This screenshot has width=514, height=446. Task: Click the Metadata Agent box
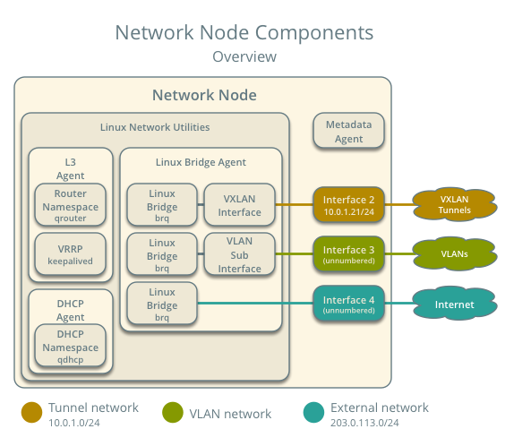(x=348, y=131)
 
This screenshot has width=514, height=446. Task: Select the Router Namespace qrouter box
(x=70, y=204)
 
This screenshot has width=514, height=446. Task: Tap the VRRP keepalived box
(x=70, y=254)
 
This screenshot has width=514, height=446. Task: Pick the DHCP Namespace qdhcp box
(x=70, y=346)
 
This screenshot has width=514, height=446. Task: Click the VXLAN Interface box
(x=239, y=204)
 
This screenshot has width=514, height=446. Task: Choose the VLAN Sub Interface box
(x=239, y=254)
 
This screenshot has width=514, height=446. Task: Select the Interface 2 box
(x=348, y=204)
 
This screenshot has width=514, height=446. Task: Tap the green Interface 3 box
(x=348, y=254)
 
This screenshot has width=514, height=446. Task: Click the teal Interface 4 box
(x=348, y=304)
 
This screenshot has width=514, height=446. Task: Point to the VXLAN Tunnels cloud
(x=455, y=204)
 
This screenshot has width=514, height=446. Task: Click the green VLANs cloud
(x=455, y=254)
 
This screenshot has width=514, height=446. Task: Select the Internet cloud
(x=455, y=304)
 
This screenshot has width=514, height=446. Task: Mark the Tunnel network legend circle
(x=32, y=412)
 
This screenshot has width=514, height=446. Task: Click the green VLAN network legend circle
(x=173, y=412)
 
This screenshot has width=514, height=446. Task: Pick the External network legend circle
(x=313, y=412)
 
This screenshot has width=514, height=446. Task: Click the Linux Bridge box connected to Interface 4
(x=162, y=304)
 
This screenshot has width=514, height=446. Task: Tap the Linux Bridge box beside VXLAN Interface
(x=162, y=204)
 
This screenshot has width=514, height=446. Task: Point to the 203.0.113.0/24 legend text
(x=364, y=423)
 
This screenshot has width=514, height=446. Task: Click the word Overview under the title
(x=244, y=56)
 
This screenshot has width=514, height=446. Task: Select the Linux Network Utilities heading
(x=155, y=127)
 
